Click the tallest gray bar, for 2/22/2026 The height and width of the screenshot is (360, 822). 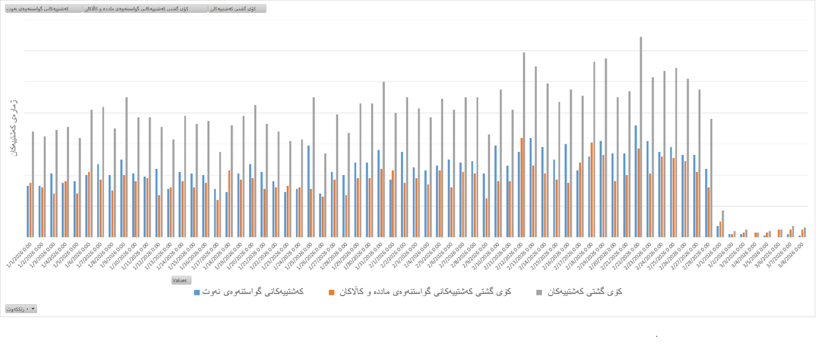coord(641,137)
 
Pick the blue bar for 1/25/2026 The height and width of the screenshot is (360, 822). coord(308,191)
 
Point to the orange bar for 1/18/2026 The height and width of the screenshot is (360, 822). coord(229,204)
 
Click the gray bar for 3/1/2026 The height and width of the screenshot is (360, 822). coord(723,224)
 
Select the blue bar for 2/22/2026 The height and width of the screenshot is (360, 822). coord(635,181)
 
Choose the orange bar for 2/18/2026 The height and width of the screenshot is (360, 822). coord(592,190)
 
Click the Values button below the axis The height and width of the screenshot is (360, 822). coord(181,280)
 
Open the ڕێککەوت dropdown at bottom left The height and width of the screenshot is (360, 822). coord(21,309)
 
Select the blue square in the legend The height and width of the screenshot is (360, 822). coord(196,292)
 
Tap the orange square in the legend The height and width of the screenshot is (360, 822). coord(332,292)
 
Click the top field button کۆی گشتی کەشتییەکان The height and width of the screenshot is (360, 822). coord(237,9)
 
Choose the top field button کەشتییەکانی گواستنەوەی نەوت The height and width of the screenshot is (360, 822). coord(43,9)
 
